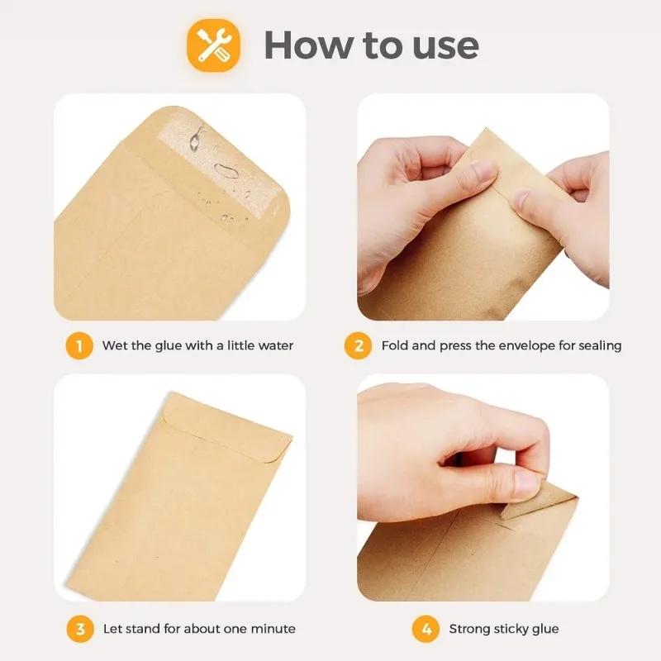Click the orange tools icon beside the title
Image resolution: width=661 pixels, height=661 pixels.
click(214, 45)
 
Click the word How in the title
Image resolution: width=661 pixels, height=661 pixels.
click(307, 45)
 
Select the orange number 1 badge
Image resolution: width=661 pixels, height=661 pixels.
click(79, 346)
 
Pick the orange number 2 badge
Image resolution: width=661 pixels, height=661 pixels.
click(359, 346)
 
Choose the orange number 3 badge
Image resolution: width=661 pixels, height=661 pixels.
click(80, 629)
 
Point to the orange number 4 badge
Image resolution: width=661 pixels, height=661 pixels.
click(426, 629)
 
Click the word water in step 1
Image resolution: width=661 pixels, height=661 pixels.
click(276, 345)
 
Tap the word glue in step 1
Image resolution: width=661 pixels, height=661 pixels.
click(169, 346)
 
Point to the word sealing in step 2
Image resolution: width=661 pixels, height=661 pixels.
click(600, 346)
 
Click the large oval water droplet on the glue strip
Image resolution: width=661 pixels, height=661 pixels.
click(226, 171)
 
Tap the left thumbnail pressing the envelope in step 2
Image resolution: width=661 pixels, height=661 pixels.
click(483, 170)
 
